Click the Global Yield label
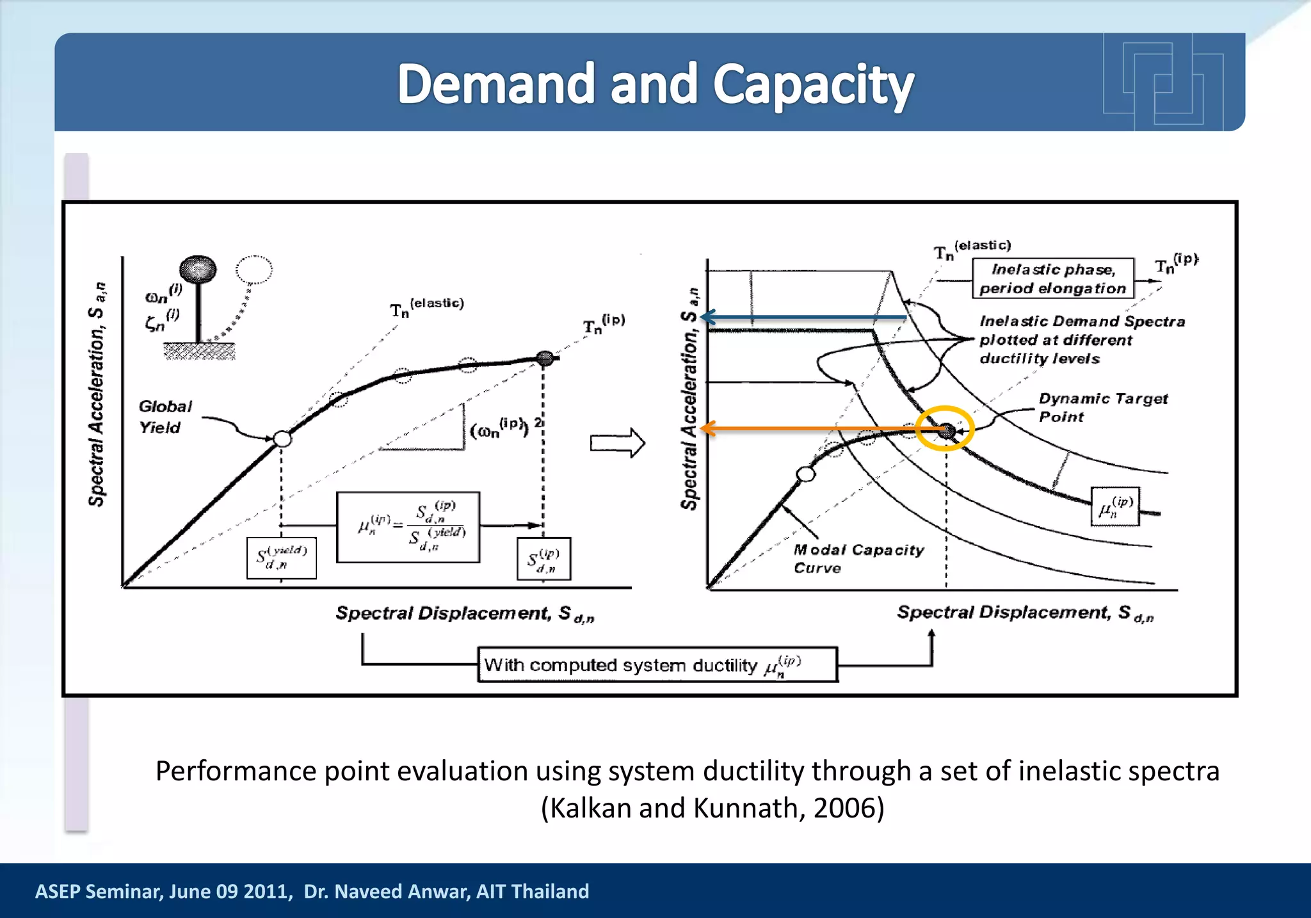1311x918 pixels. click(165, 417)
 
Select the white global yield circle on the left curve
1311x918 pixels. click(282, 439)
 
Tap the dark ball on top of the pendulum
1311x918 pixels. click(198, 270)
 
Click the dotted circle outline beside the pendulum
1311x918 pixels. click(254, 270)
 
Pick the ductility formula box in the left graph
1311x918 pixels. click(408, 527)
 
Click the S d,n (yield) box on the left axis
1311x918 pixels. click(281, 558)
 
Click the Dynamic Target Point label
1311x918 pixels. click(1102, 407)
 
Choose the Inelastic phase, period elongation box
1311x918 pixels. click(1053, 278)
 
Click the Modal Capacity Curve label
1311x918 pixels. click(858, 558)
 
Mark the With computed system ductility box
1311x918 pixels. click(657, 664)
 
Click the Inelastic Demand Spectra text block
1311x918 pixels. click(1082, 339)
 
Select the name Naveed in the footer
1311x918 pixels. click(374, 891)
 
